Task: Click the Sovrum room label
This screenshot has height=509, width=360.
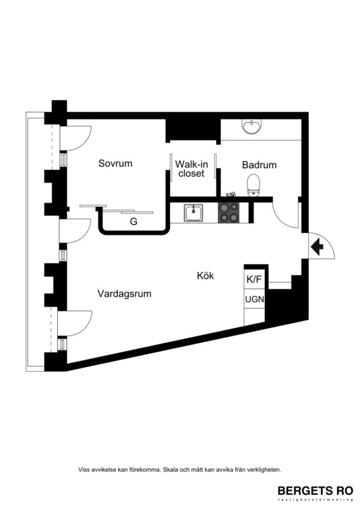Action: click(x=115, y=163)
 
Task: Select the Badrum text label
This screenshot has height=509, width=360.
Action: click(x=259, y=165)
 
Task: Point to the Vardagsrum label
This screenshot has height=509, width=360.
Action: click(x=124, y=294)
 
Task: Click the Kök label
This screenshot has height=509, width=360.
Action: click(x=205, y=275)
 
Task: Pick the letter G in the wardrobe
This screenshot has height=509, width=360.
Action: click(x=133, y=222)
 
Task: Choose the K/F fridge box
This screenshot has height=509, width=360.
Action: click(x=254, y=279)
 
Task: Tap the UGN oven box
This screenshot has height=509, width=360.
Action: click(x=254, y=299)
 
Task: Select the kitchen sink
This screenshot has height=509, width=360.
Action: click(x=193, y=213)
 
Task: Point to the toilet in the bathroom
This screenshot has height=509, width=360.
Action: click(x=254, y=185)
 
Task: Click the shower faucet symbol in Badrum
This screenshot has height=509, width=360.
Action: click(x=230, y=194)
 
